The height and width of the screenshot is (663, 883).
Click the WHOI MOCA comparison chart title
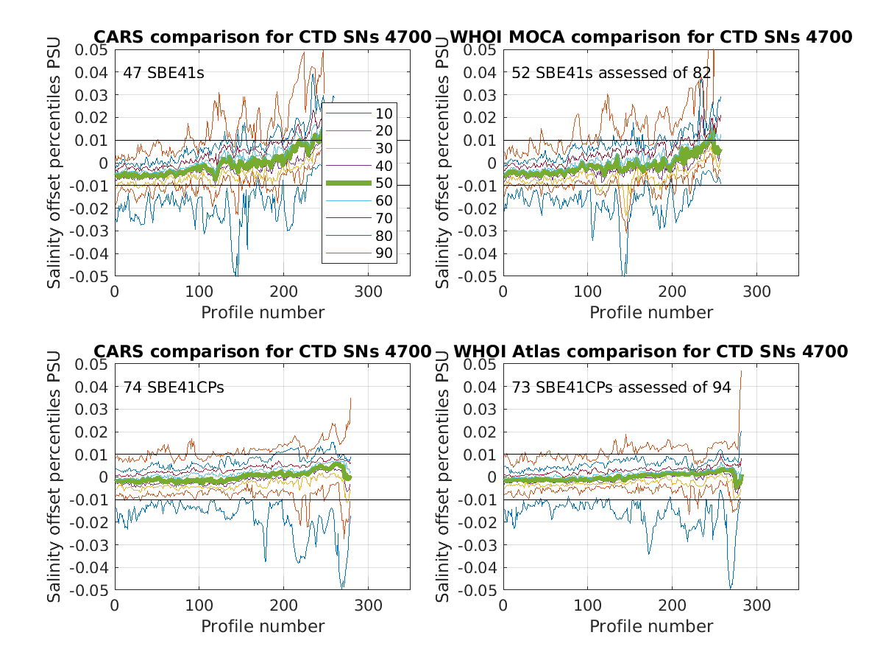pyautogui.click(x=650, y=37)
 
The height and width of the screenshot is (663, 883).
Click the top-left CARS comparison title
pyautogui.click(x=261, y=37)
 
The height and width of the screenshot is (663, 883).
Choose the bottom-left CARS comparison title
pyautogui.click(x=261, y=351)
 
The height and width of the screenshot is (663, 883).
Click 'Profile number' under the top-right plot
pyautogui.click(x=651, y=312)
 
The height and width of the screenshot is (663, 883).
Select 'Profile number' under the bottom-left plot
pyautogui.click(x=263, y=626)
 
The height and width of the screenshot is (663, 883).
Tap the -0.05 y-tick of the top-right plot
pyautogui.click(x=480, y=276)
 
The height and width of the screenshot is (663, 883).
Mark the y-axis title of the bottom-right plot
pyautogui.click(x=443, y=477)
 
